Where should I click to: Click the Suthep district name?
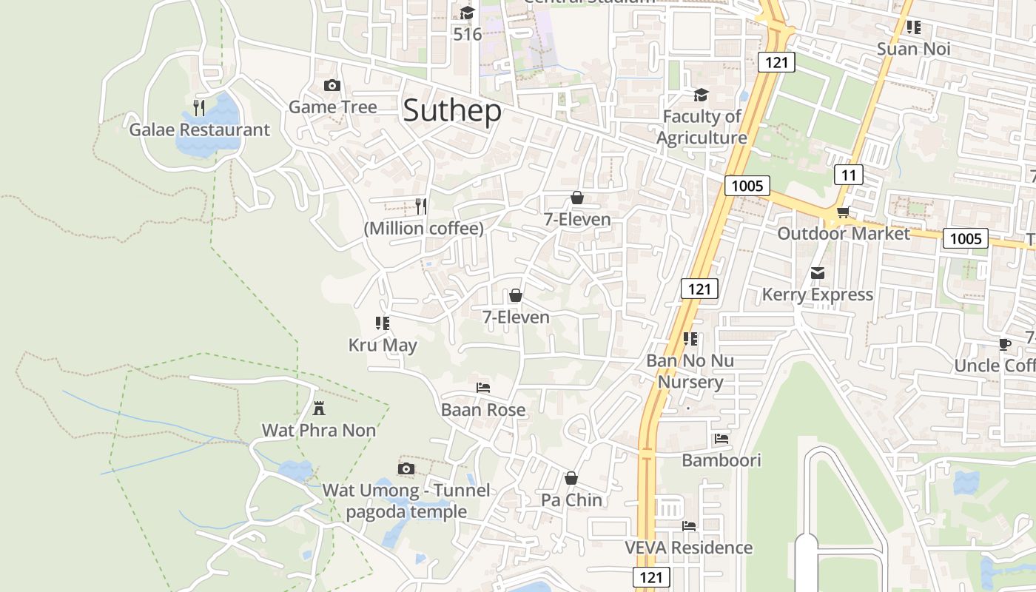[x=452, y=111]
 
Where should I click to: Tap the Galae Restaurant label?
[x=200, y=130]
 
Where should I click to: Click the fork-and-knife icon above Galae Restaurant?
[x=199, y=108]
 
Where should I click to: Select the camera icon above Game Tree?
[x=332, y=86]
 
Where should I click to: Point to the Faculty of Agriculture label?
[x=702, y=127]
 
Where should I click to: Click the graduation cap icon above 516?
[x=467, y=13]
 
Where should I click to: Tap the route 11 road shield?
[x=849, y=175]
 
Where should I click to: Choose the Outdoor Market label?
[x=843, y=234]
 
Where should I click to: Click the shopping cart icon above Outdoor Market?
[x=842, y=213]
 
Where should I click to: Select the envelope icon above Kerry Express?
[x=818, y=274]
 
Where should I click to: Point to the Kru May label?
[x=383, y=346]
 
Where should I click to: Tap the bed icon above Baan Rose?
[x=483, y=388]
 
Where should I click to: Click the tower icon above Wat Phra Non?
[x=319, y=408]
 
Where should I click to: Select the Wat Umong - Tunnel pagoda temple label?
[x=406, y=501]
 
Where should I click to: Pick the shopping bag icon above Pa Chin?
[x=571, y=479]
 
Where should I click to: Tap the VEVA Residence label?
[x=688, y=548]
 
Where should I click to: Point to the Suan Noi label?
[x=913, y=50]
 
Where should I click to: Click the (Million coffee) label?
[x=423, y=229]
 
